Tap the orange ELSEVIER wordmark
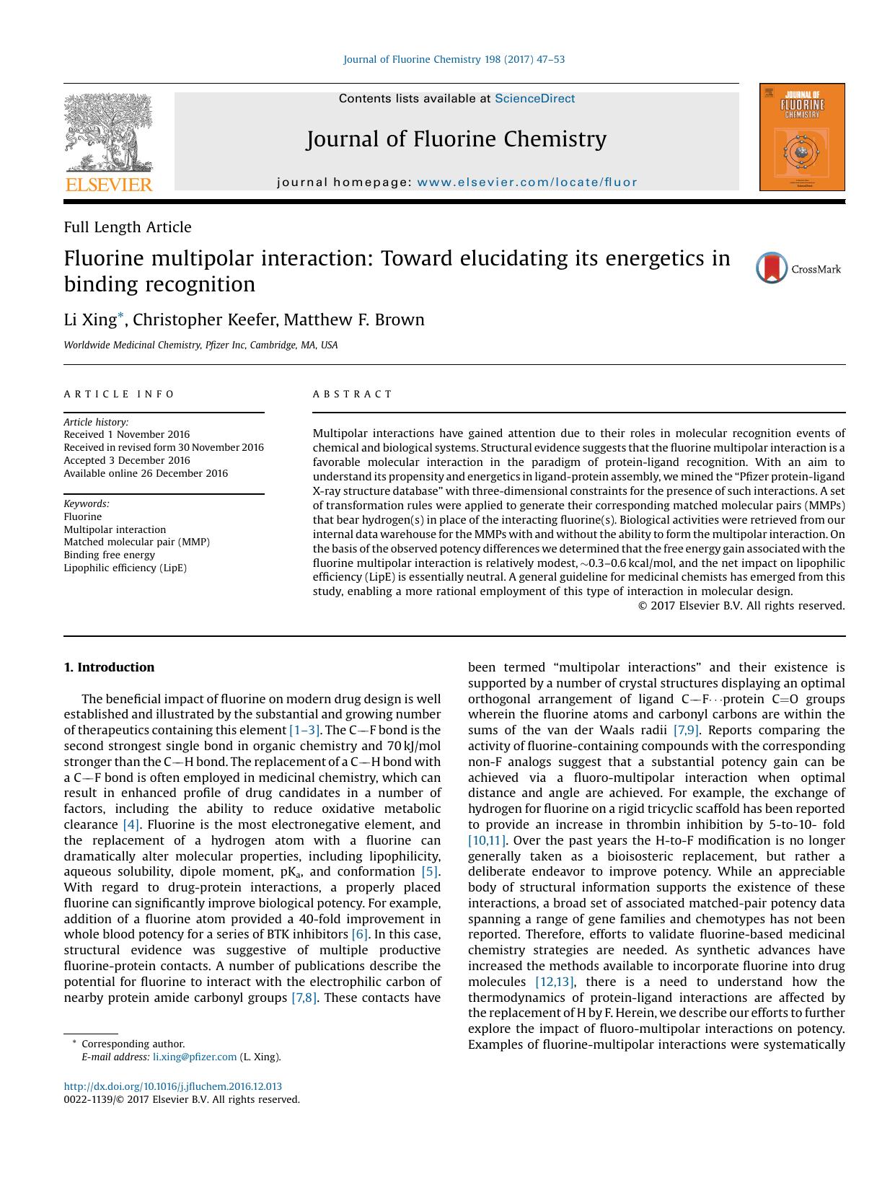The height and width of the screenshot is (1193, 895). (x=109, y=185)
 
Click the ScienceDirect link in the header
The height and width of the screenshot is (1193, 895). (x=534, y=99)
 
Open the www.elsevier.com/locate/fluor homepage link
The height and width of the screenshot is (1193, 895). (x=527, y=182)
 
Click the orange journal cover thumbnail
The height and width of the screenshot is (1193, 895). (x=801, y=137)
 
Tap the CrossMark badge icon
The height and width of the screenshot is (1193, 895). (x=772, y=268)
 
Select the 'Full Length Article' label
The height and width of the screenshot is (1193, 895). (x=128, y=227)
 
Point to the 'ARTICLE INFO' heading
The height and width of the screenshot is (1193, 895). (x=119, y=394)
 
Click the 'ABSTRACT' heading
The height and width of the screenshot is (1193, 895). (x=352, y=394)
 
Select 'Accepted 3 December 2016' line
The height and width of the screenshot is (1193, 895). (x=127, y=460)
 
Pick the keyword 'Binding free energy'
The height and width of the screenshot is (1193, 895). (x=109, y=555)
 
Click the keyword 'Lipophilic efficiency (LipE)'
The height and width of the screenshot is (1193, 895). (x=125, y=568)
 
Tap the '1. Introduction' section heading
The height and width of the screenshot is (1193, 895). (x=109, y=667)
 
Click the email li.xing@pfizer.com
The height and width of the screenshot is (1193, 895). (x=195, y=1057)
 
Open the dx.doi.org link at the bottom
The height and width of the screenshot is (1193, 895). (x=172, y=1086)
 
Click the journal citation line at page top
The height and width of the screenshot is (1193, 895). (x=454, y=59)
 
